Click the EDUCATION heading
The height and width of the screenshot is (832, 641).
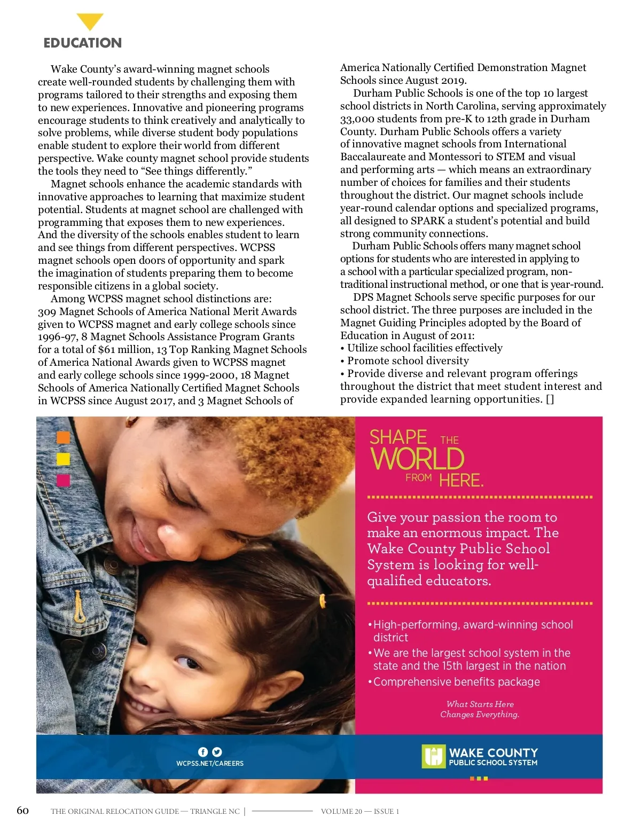pyautogui.click(x=83, y=43)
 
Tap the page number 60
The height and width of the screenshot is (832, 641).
pyautogui.click(x=23, y=810)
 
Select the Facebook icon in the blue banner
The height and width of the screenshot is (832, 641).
pyautogui.click(x=203, y=751)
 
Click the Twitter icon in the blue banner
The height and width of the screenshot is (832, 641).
pyautogui.click(x=217, y=751)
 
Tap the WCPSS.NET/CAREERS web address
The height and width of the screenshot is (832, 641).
pyautogui.click(x=210, y=764)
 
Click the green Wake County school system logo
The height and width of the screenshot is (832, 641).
pyautogui.click(x=433, y=756)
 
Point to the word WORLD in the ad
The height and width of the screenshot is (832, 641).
pyautogui.click(x=418, y=459)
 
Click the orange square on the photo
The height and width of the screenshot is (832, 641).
pyautogui.click(x=63, y=437)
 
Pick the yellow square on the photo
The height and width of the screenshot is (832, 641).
pyautogui.click(x=63, y=459)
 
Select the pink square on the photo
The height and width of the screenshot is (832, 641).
pyautogui.click(x=63, y=480)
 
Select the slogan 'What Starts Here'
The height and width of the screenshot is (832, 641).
pyautogui.click(x=480, y=704)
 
